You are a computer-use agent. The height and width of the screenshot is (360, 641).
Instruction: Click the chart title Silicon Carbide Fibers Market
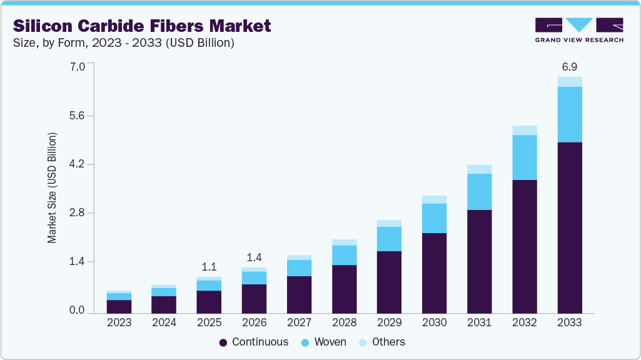click(x=142, y=26)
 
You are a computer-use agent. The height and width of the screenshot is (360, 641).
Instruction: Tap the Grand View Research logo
click(x=579, y=30)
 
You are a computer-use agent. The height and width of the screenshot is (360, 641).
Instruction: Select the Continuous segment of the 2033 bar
click(x=570, y=227)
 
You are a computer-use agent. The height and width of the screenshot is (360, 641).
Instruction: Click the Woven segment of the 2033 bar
click(x=570, y=114)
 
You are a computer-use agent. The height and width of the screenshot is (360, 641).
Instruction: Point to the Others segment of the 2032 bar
click(x=525, y=130)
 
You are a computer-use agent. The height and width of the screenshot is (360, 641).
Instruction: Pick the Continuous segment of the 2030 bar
click(x=435, y=272)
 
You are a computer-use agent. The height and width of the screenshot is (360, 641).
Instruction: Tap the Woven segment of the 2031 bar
click(x=480, y=192)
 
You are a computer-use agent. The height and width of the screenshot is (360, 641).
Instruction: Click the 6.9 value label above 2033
click(x=570, y=66)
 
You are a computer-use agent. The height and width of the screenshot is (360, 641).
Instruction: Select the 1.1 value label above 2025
click(x=209, y=267)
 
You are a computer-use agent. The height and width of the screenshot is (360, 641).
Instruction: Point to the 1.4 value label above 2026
click(x=254, y=257)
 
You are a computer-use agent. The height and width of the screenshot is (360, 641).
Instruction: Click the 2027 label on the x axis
click(x=299, y=323)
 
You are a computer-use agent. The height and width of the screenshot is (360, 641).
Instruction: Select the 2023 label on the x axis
click(x=119, y=323)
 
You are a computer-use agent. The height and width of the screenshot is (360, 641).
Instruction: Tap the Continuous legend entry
click(x=254, y=342)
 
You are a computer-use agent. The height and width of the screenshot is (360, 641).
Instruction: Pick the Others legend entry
click(x=382, y=342)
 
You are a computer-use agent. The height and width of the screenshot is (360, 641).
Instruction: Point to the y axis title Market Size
click(x=53, y=187)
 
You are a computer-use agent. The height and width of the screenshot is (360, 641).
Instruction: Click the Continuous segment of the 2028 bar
click(x=344, y=289)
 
